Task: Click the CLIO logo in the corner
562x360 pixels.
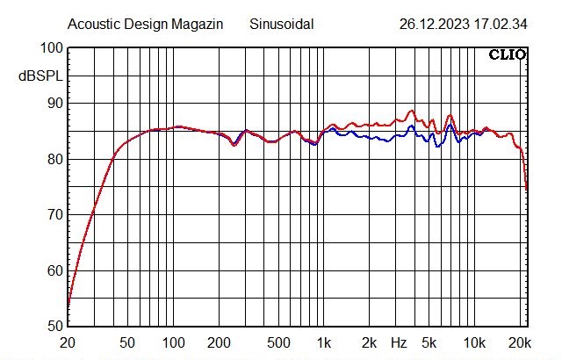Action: tap(507, 54)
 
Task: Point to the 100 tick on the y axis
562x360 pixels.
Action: tap(51, 48)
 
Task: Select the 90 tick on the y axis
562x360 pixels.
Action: tap(54, 104)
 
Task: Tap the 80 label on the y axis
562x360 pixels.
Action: tap(54, 159)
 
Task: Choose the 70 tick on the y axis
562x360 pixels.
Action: tap(54, 214)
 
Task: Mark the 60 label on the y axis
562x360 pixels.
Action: tap(54, 270)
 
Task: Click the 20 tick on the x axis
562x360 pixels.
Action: tap(68, 342)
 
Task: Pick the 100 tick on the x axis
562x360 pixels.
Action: tap(174, 342)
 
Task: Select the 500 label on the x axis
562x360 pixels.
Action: tap(279, 342)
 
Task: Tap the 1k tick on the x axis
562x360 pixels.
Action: tap(325, 342)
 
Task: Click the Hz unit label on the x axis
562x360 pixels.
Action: tap(399, 342)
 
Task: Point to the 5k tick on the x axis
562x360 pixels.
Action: tap(429, 342)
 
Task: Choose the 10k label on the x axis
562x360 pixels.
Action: tap(475, 342)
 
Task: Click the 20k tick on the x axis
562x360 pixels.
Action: tap(520, 342)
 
